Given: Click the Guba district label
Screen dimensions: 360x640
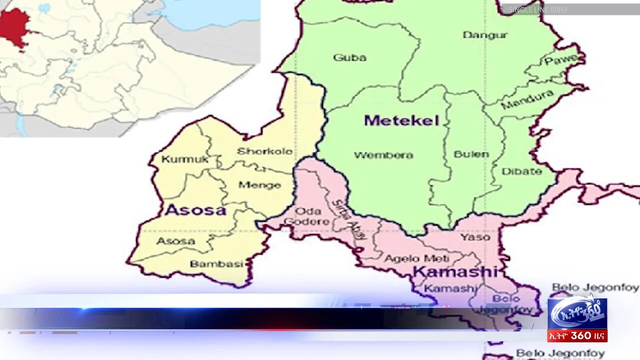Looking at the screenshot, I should pos(349,57).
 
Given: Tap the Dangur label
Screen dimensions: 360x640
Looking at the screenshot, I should pos(484,35).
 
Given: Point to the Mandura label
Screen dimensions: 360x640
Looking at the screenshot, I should pos(527,99).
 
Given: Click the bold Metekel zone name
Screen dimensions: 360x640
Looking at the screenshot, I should pos(401,120).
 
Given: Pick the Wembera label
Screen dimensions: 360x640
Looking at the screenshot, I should pos(383,155).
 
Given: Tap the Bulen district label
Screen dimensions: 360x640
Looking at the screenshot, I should pos(471,154).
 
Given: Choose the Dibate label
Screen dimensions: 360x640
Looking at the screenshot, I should pos(521,171).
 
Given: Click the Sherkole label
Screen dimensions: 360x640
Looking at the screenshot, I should pos(264,151).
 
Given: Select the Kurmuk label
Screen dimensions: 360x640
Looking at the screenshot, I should pos(178,159).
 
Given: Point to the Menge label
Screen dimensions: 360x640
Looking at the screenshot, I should pos(259,185).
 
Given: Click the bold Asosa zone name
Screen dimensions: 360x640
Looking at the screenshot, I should pos(195,210).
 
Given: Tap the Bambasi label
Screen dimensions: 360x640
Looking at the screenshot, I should pos(216,264).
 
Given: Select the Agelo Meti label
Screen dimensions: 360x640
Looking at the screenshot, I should pos(416,258).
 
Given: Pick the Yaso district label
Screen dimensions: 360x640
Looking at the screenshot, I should pos(475,236).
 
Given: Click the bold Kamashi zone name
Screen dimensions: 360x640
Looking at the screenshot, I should pos(455,272).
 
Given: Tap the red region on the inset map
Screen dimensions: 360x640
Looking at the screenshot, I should pos(14,26).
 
